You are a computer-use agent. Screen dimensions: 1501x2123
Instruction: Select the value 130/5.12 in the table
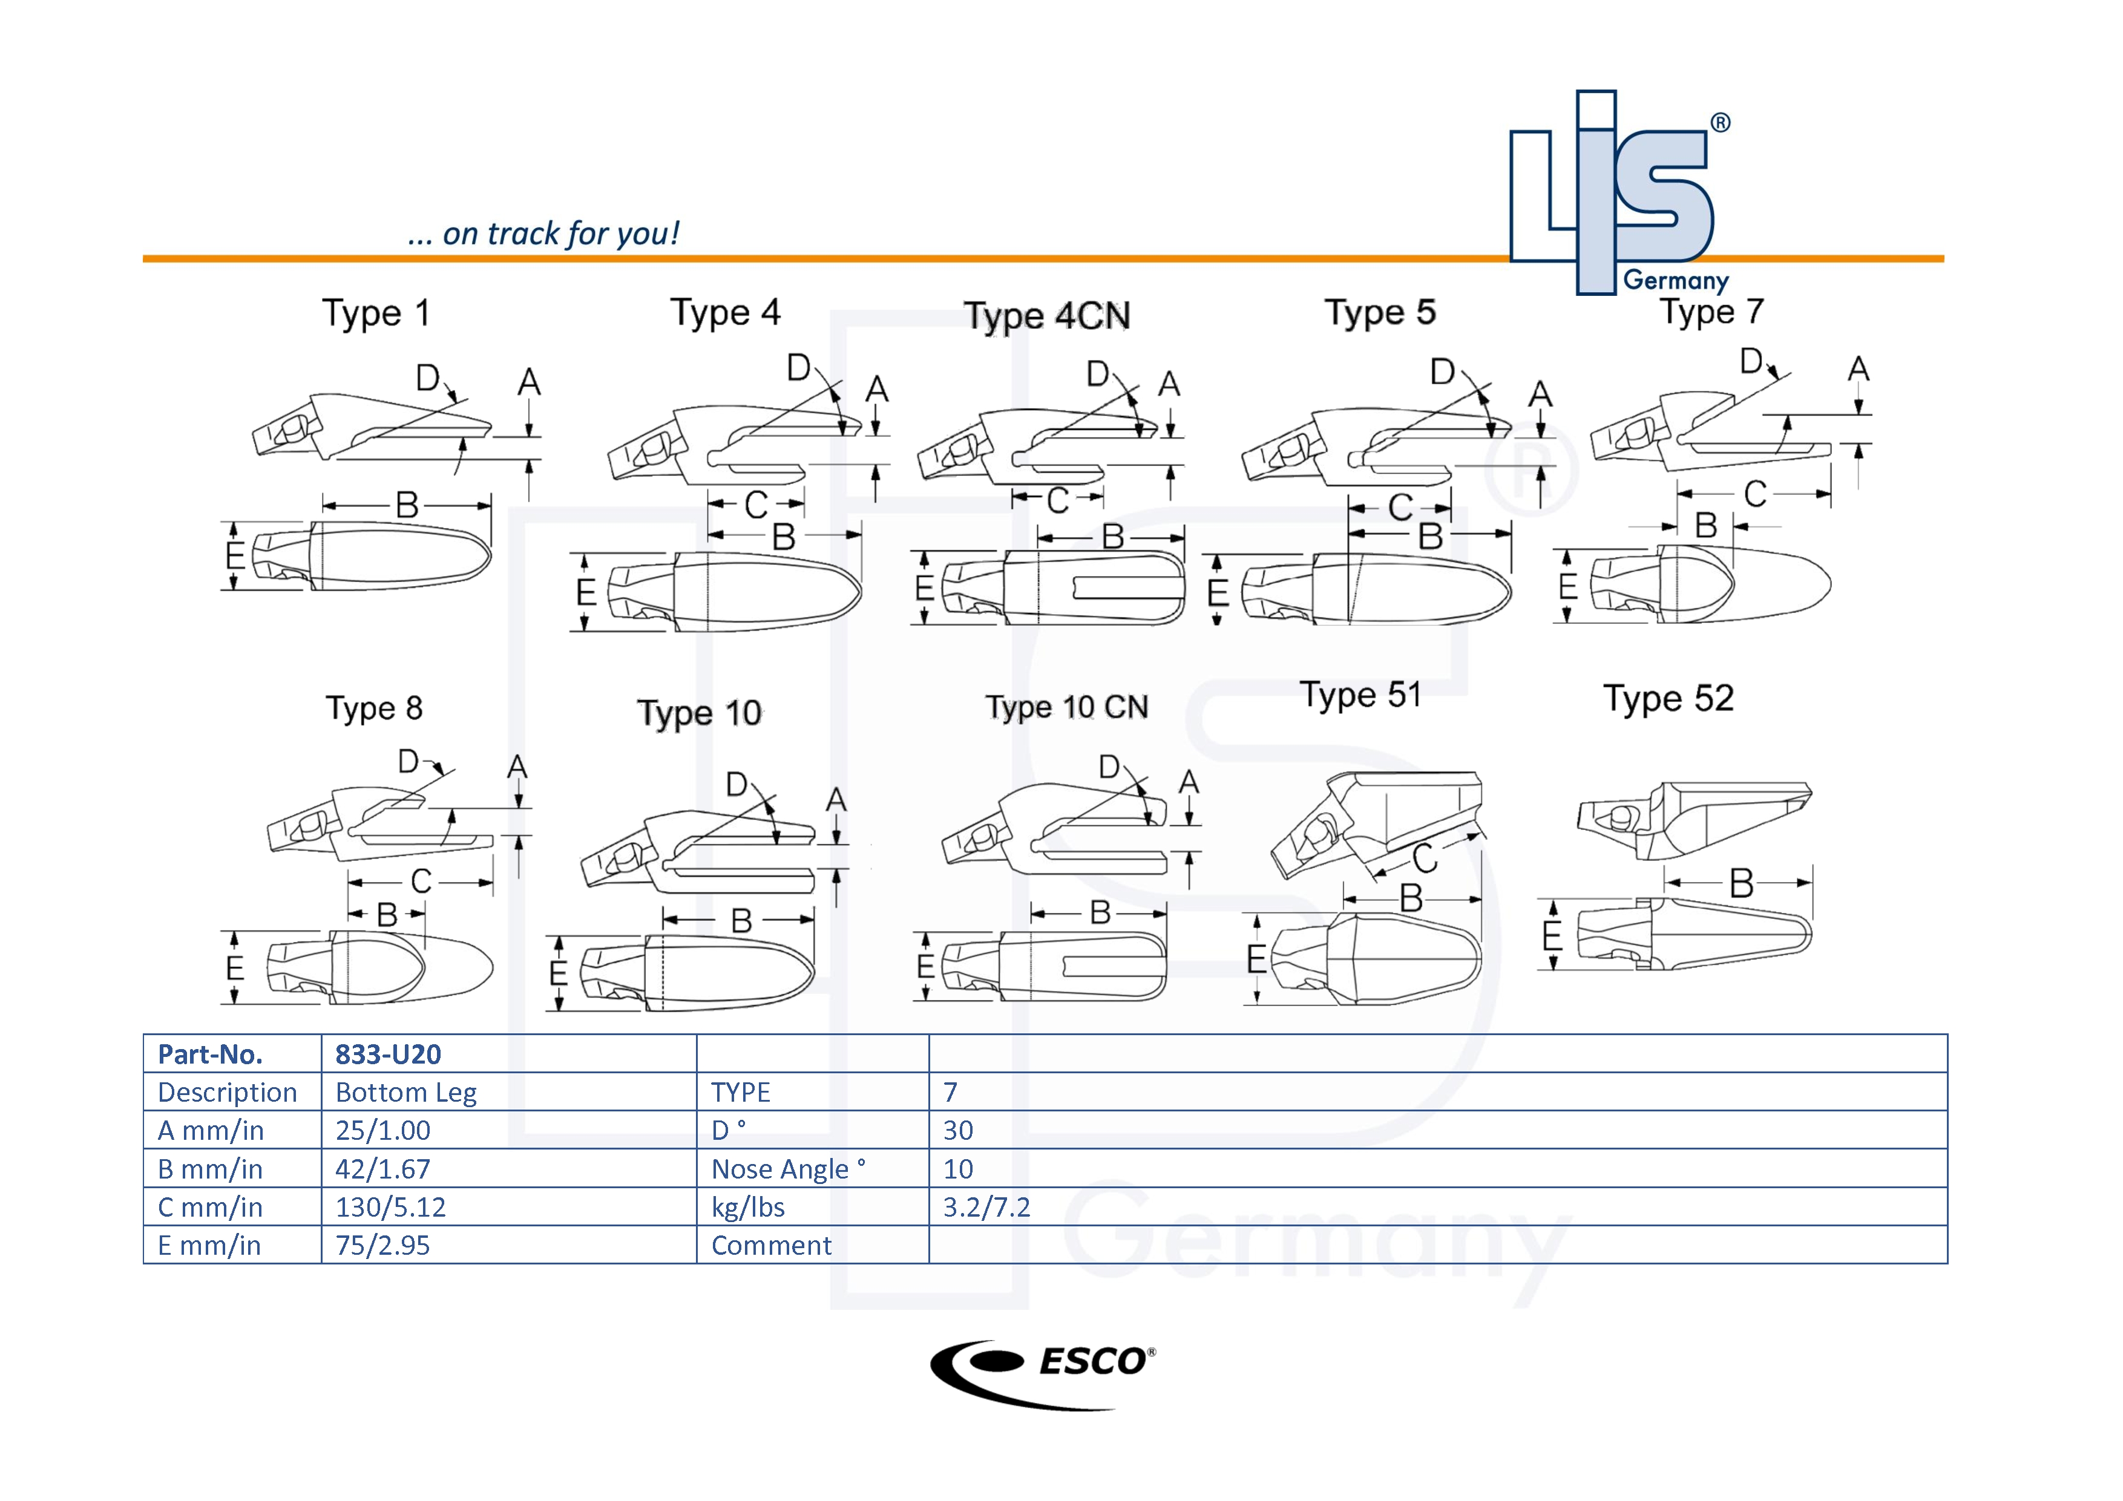pyautogui.click(x=390, y=1207)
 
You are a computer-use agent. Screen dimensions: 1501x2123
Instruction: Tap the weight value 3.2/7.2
pyautogui.click(x=986, y=1207)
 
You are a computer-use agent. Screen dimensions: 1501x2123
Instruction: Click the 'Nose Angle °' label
pyautogui.click(x=788, y=1169)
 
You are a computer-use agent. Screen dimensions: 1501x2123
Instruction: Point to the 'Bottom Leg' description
pyautogui.click(x=406, y=1093)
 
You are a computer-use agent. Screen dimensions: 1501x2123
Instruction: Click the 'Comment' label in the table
pyautogui.click(x=771, y=1245)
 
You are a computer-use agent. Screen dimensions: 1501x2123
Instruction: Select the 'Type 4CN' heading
pyautogui.click(x=1047, y=316)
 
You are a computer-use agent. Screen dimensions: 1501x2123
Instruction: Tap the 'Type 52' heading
pyautogui.click(x=1668, y=699)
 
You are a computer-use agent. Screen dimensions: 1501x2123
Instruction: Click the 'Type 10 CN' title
pyautogui.click(x=1066, y=707)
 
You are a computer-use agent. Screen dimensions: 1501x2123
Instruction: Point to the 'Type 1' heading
pyautogui.click(x=375, y=313)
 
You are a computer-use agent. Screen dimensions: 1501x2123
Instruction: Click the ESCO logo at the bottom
pyautogui.click(x=1042, y=1373)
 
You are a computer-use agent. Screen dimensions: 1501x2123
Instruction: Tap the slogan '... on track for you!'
pyautogui.click(x=543, y=234)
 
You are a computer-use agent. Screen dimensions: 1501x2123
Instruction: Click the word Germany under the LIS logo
pyautogui.click(x=1676, y=280)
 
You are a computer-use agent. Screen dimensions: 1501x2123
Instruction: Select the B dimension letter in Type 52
pyautogui.click(x=1741, y=883)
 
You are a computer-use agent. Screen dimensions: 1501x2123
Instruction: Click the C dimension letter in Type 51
pyautogui.click(x=1425, y=858)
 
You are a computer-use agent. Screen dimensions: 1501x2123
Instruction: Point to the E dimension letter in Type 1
pyautogui.click(x=235, y=555)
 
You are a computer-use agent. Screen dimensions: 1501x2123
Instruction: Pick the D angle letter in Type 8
pyautogui.click(x=408, y=762)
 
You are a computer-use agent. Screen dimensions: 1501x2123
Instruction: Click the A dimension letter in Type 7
pyautogui.click(x=1859, y=369)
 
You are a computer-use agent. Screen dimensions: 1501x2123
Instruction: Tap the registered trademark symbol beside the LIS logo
pyautogui.click(x=1720, y=123)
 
